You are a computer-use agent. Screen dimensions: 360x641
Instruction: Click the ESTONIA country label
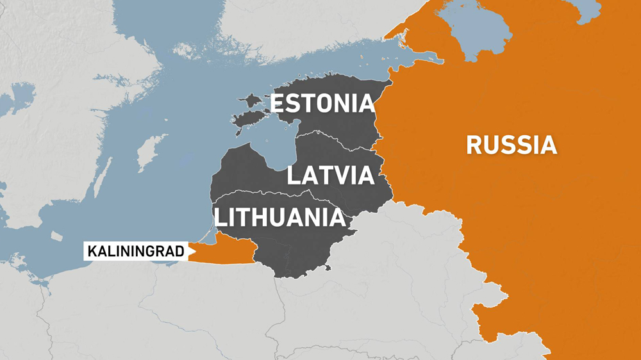pos(322,103)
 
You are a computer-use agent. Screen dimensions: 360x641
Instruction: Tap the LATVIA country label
pos(330,175)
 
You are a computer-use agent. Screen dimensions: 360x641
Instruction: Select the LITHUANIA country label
pos(279,218)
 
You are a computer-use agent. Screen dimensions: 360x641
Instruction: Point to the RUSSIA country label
pos(511,145)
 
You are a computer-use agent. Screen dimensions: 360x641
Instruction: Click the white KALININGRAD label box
pos(134,251)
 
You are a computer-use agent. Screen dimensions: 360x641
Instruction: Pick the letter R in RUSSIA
pos(475,145)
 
